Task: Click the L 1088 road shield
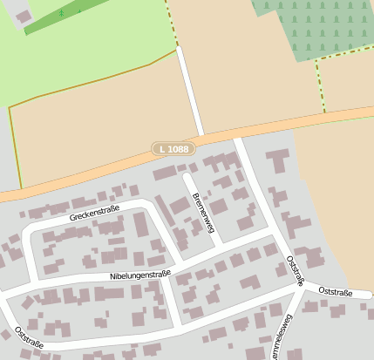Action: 171,149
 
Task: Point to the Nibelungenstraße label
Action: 139,275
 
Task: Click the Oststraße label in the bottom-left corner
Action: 29,337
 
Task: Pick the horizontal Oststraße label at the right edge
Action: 336,292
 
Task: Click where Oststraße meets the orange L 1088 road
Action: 239,132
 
